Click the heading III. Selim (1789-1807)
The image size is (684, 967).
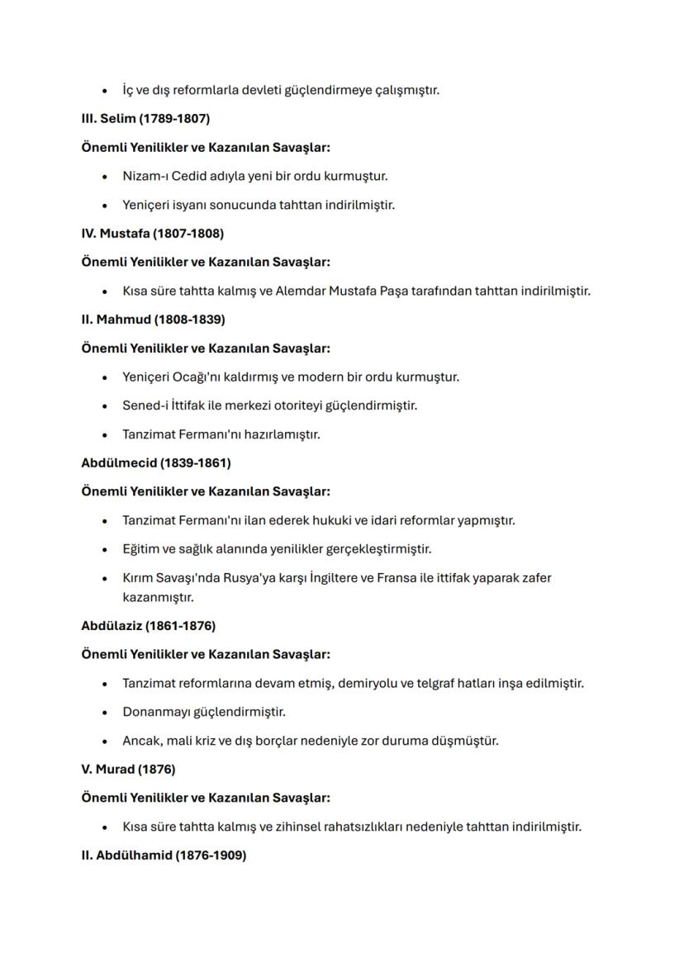point(145,118)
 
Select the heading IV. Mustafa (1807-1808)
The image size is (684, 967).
point(152,233)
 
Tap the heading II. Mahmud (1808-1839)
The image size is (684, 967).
point(153,319)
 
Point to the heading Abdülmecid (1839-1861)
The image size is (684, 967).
point(155,462)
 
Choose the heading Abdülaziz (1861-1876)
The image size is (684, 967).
point(148,625)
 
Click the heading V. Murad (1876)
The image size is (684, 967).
point(128,769)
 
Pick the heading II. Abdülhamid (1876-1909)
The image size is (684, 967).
point(164,856)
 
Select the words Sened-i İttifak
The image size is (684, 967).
point(164,405)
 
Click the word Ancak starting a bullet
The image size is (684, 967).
point(141,741)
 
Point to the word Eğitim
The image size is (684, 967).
point(140,549)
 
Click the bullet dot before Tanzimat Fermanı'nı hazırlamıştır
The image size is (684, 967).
point(104,434)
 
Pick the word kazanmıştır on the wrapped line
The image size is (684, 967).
point(158,596)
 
